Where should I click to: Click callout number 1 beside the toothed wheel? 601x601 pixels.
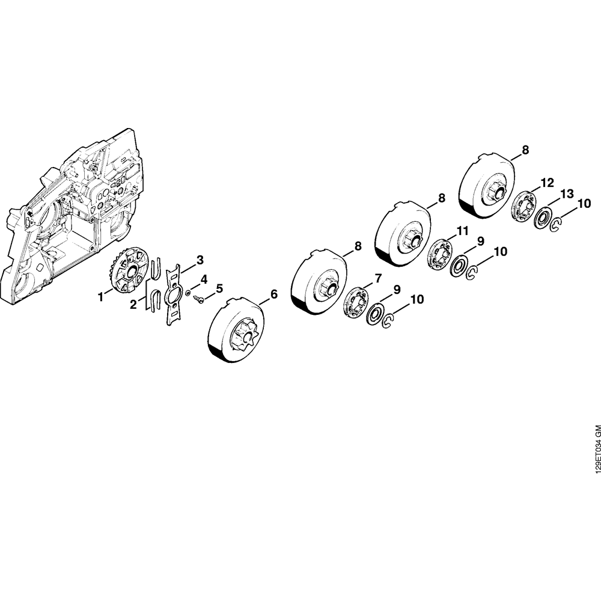click(x=101, y=297)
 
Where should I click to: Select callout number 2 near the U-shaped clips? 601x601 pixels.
click(x=133, y=305)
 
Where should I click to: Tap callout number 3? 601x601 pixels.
click(x=200, y=260)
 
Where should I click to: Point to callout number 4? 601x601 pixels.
click(x=204, y=279)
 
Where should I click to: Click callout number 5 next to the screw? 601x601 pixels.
click(x=219, y=288)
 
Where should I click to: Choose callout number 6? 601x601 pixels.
click(x=273, y=294)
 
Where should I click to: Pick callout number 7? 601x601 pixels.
click(x=378, y=278)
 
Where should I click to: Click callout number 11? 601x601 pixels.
click(x=463, y=231)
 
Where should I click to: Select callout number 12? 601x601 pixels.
click(x=548, y=183)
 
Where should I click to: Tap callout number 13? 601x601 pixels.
click(x=567, y=194)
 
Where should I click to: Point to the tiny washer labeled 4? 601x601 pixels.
click(x=188, y=293)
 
